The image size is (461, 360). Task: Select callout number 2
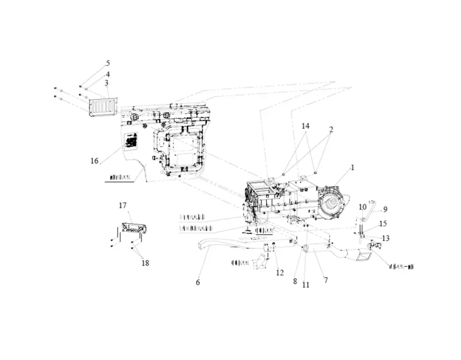[x=331, y=130]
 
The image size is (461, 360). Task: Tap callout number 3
[x=107, y=83]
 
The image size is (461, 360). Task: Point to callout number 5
[x=108, y=63]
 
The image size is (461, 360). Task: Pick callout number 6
[x=198, y=282]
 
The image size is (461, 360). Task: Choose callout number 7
[x=326, y=280]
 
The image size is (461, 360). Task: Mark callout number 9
[x=385, y=209]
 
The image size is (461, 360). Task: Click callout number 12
[x=280, y=273]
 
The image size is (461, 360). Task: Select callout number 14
[x=305, y=126]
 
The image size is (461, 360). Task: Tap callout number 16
[x=94, y=160]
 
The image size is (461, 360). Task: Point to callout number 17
[x=122, y=205]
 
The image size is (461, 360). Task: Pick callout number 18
[x=145, y=263]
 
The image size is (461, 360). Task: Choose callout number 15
[x=383, y=224]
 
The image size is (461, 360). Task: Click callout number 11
[x=306, y=285]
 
